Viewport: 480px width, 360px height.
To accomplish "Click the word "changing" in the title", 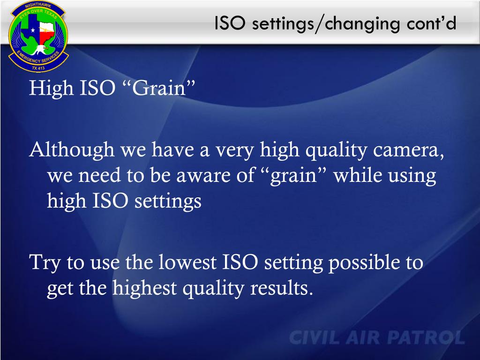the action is point(362,24).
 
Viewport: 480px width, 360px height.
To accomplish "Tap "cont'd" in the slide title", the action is point(432,23).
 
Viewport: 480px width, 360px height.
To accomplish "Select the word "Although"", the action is point(72,150).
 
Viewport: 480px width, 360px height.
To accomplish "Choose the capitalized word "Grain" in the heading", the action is point(159,88).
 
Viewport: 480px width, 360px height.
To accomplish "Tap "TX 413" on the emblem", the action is point(38,68).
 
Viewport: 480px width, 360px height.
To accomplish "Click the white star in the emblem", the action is point(33,30).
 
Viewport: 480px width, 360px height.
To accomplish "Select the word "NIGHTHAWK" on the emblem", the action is point(38,6).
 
